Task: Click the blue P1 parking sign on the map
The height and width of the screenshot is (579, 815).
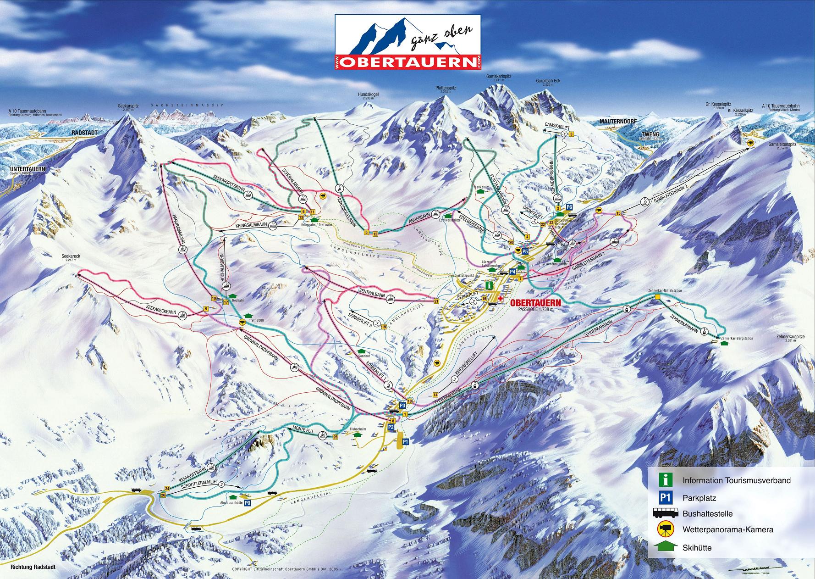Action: click(405, 441)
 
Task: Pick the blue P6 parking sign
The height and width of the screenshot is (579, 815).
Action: click(569, 207)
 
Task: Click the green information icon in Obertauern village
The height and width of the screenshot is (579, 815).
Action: click(490, 285)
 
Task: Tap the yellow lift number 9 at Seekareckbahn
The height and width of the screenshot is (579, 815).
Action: click(206, 309)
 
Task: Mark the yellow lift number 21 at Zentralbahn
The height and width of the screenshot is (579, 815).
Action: click(436, 301)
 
